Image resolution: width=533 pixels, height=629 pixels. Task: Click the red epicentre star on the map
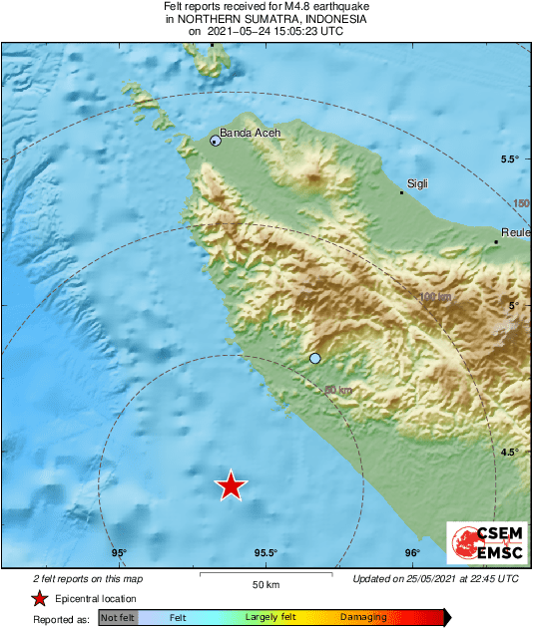tap(231, 485)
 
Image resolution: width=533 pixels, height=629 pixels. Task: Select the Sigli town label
tap(416, 184)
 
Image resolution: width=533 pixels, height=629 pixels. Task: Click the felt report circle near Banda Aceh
tap(216, 142)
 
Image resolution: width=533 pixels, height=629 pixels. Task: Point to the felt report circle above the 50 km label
tap(315, 358)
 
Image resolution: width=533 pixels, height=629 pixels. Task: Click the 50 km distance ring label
tap(339, 390)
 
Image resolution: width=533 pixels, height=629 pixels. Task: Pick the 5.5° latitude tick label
tap(513, 159)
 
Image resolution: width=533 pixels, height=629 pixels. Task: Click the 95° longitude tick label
tap(119, 553)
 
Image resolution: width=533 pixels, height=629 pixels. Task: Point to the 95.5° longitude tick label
tap(265, 553)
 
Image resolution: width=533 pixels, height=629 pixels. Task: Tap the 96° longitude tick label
tap(411, 553)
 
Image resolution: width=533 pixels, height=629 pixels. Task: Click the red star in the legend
tap(39, 598)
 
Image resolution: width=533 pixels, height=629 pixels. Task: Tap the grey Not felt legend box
tap(117, 618)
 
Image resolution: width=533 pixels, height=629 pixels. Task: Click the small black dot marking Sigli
tap(401, 192)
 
